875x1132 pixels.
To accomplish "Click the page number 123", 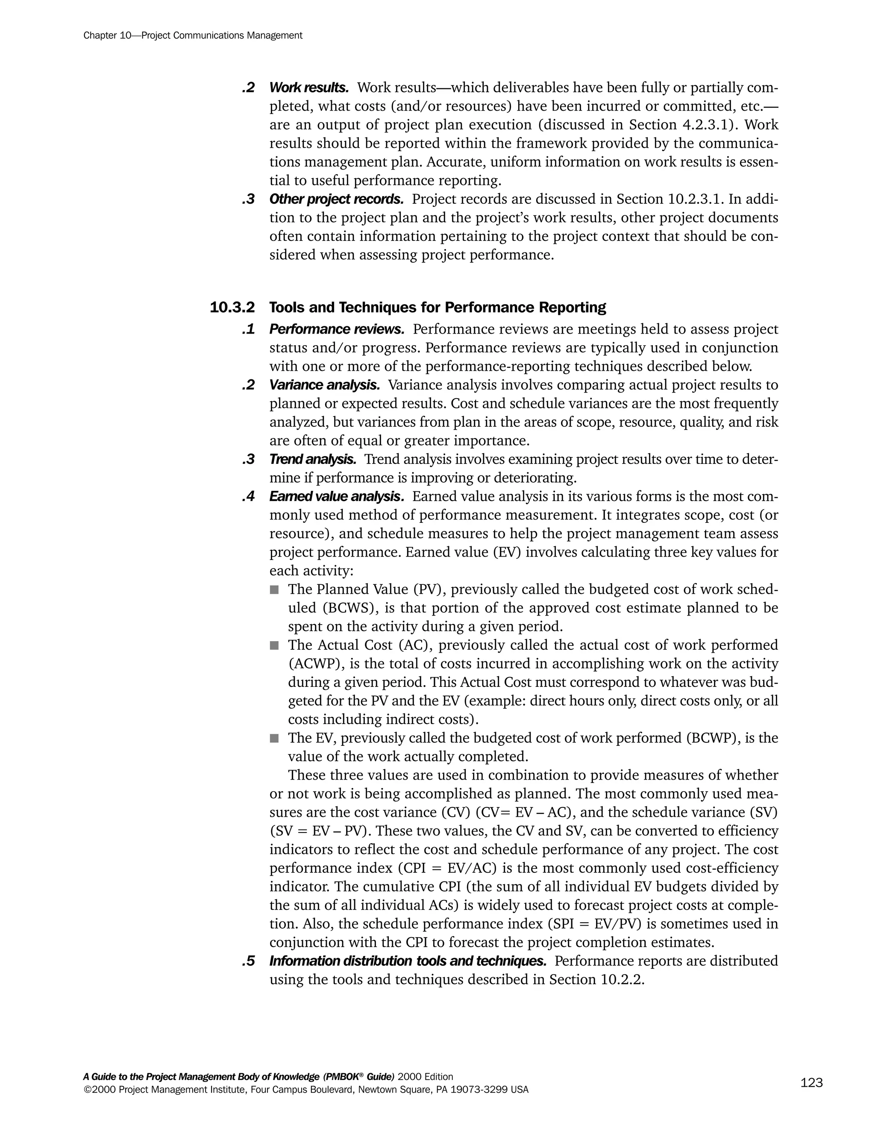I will pos(811,1083).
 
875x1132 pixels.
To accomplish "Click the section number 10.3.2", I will pos(232,308).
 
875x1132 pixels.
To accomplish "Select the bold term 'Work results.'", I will pos(309,88).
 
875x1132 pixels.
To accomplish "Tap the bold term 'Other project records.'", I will pos(336,199).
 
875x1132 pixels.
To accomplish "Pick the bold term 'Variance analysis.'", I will pos(325,385).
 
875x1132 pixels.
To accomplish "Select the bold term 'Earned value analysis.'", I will pos(336,496).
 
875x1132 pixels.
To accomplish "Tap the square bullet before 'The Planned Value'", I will pos(274,590).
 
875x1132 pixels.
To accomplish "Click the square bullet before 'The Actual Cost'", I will pos(274,645).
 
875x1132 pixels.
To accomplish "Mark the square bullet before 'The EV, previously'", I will pos(274,738).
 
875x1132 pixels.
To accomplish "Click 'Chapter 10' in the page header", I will pos(108,36).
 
